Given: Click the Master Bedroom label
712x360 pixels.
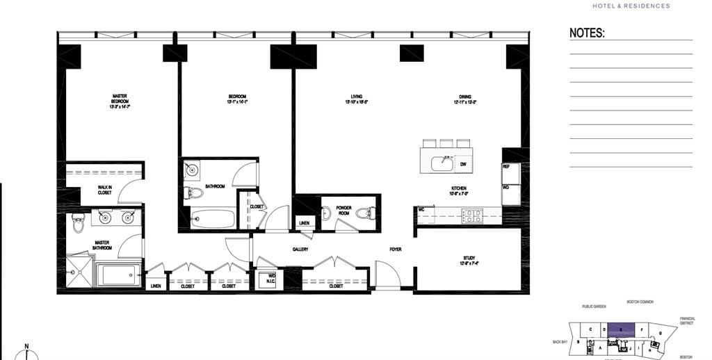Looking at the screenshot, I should tap(119, 101).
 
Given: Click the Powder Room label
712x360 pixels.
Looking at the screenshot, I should tap(343, 210).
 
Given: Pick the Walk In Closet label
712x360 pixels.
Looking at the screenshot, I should tap(104, 189).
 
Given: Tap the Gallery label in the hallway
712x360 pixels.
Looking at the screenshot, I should tap(300, 249).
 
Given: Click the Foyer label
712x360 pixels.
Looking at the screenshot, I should tap(395, 249).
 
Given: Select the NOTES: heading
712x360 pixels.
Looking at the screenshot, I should tap(587, 33).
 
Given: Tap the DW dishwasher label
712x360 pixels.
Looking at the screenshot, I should tap(463, 164).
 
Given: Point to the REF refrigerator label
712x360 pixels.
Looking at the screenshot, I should tap(506, 167).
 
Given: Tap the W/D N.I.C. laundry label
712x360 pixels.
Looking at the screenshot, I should tap(271, 279).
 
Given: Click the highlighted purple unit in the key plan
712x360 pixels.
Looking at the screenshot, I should tap(621, 329).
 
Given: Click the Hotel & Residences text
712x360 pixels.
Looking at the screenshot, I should tap(631, 6).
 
